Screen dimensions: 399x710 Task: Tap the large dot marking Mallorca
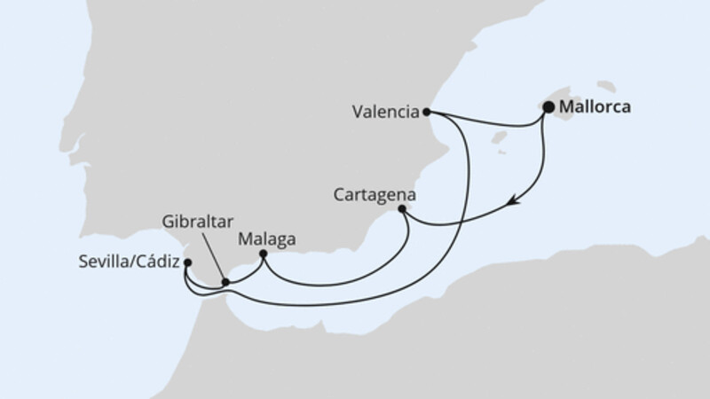(548, 108)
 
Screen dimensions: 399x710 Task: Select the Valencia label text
(384, 113)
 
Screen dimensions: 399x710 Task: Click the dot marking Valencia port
(427, 112)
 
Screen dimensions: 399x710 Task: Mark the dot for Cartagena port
(402, 209)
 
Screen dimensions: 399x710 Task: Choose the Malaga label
(267, 239)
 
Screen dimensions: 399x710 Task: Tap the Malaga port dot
(263, 254)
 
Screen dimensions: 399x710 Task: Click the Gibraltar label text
(193, 221)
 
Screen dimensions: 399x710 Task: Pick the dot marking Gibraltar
(225, 282)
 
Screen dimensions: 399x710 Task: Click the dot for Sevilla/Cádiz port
(186, 262)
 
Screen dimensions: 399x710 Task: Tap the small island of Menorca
(606, 87)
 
